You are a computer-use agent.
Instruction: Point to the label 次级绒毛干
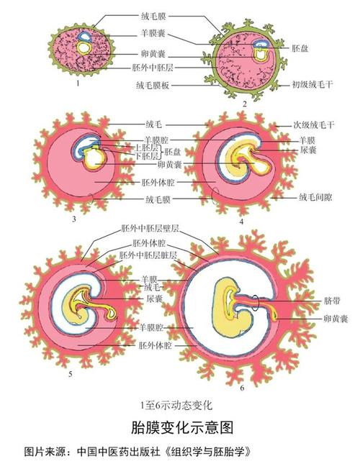click(314, 124)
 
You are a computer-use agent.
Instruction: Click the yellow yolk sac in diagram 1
click(85, 48)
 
